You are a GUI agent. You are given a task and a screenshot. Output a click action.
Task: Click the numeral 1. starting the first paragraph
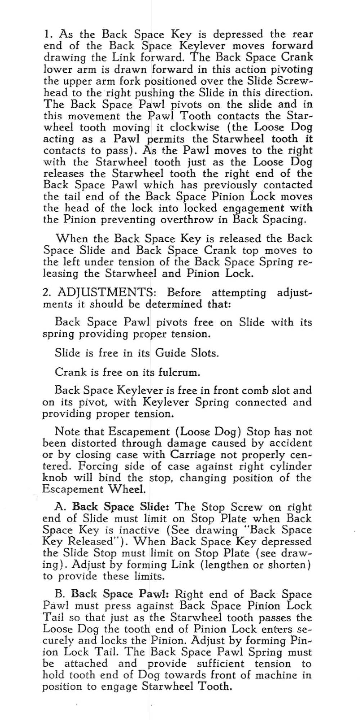pyautogui.click(x=47, y=35)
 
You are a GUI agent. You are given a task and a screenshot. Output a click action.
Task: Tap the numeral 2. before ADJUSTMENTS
pyautogui.click(x=46, y=292)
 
